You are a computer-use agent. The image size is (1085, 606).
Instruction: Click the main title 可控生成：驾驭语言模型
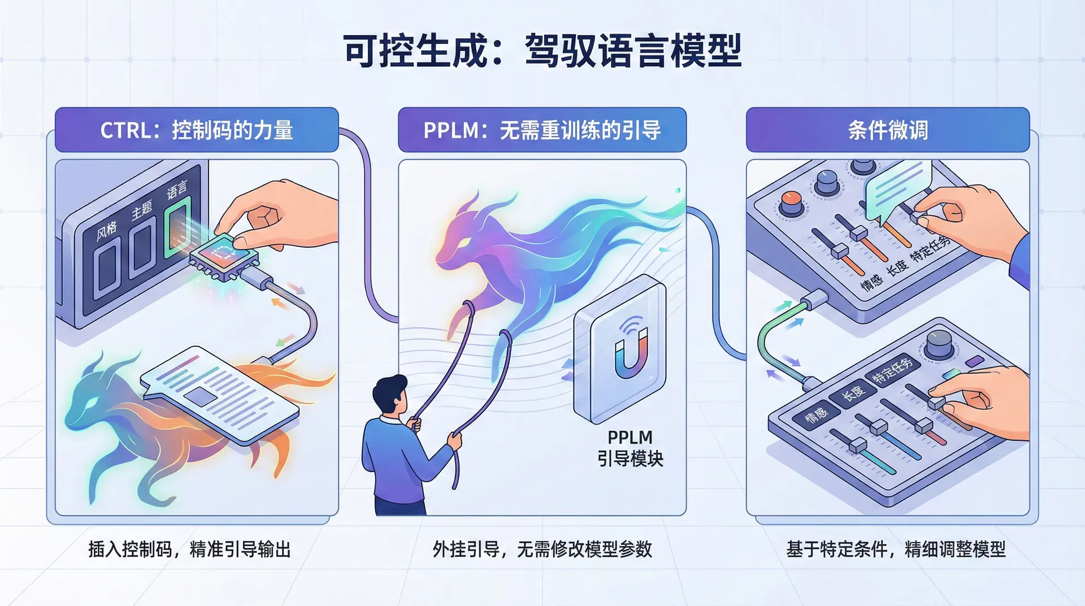[x=542, y=51]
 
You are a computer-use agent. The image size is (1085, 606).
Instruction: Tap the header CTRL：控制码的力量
[x=197, y=130]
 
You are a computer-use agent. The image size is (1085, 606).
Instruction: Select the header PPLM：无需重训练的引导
[x=542, y=130]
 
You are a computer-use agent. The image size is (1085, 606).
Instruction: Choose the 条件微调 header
[x=888, y=130]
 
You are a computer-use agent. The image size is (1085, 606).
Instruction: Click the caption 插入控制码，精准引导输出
[x=189, y=549]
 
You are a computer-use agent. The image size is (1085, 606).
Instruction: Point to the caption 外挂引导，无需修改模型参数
[x=542, y=549]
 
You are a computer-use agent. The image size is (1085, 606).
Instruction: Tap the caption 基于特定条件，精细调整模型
[x=896, y=549]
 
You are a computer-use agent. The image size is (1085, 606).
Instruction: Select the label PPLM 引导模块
[x=630, y=448]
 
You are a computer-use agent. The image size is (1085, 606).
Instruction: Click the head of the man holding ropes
[x=390, y=395]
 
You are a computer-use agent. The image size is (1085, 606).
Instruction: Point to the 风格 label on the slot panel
[x=107, y=230]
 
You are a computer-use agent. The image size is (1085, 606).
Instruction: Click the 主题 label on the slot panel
[x=142, y=210]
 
